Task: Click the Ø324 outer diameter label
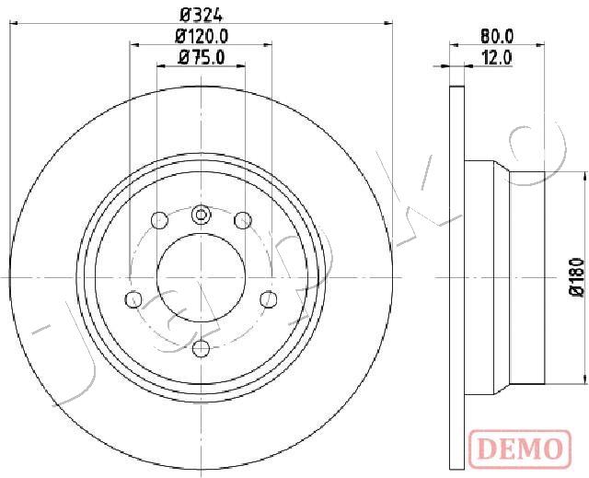[x=202, y=16]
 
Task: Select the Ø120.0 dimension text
[x=202, y=37]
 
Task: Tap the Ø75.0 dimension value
[x=202, y=58]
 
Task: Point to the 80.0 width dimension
[x=497, y=37]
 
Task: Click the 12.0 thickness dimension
[x=497, y=58]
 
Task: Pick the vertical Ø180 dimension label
[x=576, y=277]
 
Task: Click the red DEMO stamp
[x=520, y=449]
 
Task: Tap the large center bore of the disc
[x=201, y=277]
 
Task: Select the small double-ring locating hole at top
[x=202, y=215]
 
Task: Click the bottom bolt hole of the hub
[x=201, y=348]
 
